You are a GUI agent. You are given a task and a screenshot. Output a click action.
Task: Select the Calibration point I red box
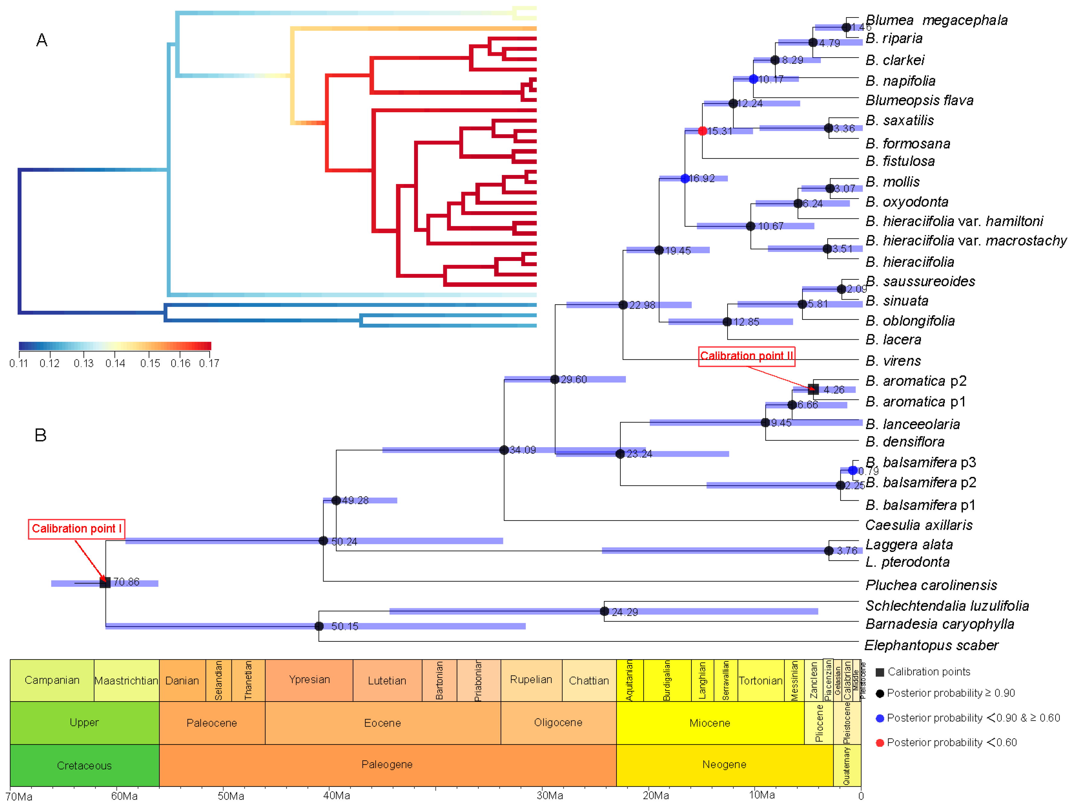pos(77,529)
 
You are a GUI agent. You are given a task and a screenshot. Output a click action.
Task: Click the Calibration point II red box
pos(746,356)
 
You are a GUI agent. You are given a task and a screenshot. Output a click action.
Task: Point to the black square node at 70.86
pos(105,582)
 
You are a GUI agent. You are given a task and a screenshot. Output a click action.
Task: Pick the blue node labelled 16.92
pos(685,179)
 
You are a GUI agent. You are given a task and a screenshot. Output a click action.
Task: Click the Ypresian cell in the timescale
pos(309,679)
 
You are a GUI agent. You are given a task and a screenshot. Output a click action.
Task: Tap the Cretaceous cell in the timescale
pos(84,765)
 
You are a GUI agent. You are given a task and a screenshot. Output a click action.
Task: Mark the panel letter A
pos(42,40)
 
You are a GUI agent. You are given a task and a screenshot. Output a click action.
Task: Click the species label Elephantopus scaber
pos(931,645)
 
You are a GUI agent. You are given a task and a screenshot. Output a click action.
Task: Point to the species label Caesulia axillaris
pos(919,525)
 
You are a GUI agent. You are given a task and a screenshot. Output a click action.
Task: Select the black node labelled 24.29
pos(604,611)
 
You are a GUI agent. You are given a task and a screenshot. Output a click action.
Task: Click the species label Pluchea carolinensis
pos(931,585)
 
